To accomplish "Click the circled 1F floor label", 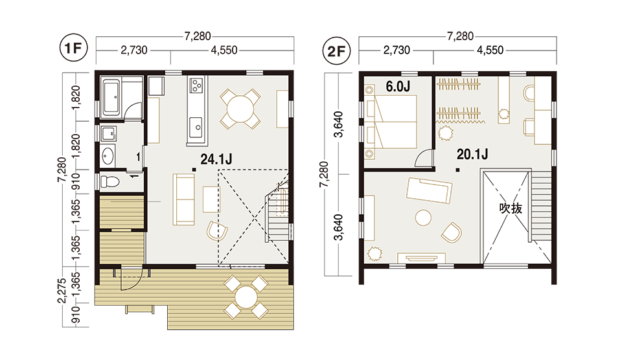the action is click(x=73, y=48).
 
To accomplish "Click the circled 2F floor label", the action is click(x=337, y=51).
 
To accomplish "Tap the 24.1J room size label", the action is click(x=216, y=159).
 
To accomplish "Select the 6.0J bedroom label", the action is click(x=398, y=86).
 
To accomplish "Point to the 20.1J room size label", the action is click(x=472, y=154).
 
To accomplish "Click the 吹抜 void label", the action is click(x=511, y=208).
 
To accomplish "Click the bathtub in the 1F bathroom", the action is click(x=111, y=96).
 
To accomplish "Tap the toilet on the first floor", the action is click(x=110, y=182).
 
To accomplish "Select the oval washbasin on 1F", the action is click(x=108, y=155).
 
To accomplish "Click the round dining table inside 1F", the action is click(x=240, y=108).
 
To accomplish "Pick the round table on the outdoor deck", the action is click(x=246, y=297).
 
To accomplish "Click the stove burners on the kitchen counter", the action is click(x=196, y=85).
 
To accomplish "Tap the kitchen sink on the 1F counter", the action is click(x=196, y=128).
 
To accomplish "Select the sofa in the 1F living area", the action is click(x=183, y=199).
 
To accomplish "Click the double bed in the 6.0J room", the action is click(x=391, y=122).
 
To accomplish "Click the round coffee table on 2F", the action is click(x=423, y=218).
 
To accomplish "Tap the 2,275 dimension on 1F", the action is click(x=62, y=291).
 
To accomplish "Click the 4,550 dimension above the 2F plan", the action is click(x=490, y=51).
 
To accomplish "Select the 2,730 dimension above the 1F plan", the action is click(x=133, y=51).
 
